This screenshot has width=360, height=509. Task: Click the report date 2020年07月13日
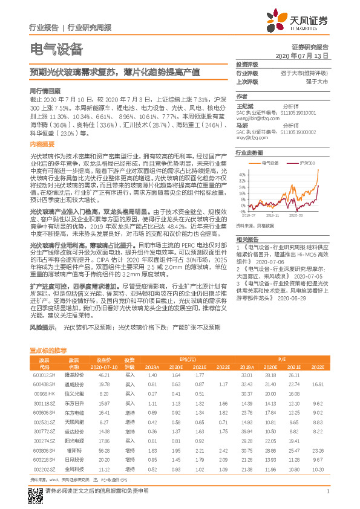[x=306, y=55]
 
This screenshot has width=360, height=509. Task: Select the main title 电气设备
[x=56, y=48]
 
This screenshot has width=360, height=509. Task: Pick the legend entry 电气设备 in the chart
[x=269, y=163]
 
